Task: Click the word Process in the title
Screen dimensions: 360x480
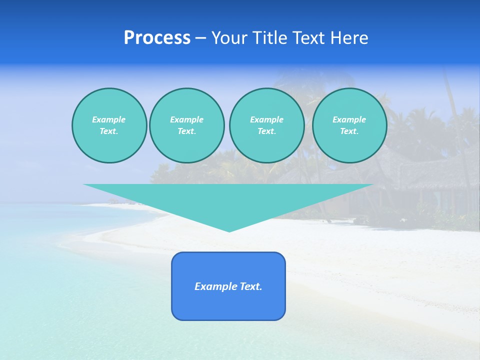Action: pyautogui.click(x=157, y=38)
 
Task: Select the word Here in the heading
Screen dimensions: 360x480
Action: pyautogui.click(x=349, y=38)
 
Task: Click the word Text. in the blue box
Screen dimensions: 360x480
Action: pyautogui.click(x=250, y=286)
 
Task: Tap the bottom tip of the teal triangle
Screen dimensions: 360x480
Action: pyautogui.click(x=229, y=230)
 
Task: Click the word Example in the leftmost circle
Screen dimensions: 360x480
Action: pyautogui.click(x=109, y=119)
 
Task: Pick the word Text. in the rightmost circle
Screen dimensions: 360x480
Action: pyautogui.click(x=349, y=131)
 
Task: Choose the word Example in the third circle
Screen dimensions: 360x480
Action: pyautogui.click(x=266, y=119)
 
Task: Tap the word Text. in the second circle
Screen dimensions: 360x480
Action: pyautogui.click(x=186, y=131)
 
